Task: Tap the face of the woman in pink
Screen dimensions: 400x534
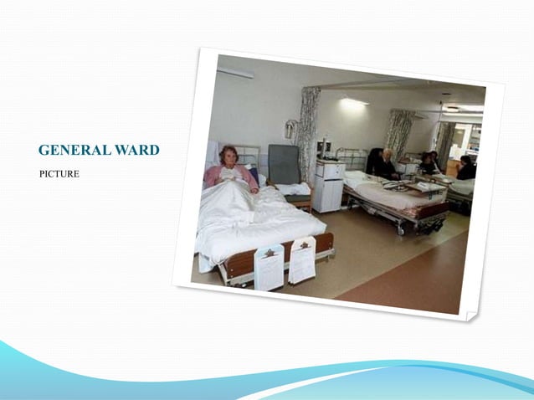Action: [228, 156]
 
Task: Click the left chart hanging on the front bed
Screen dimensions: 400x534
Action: [269, 266]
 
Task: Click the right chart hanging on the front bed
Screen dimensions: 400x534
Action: [301, 259]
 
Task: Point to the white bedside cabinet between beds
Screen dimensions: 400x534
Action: [328, 186]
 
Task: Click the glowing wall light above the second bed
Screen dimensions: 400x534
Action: [355, 102]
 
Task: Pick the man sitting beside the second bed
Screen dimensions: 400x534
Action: [385, 165]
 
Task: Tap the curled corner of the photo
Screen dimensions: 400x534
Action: [471, 315]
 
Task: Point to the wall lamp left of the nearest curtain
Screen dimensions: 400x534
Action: [289, 129]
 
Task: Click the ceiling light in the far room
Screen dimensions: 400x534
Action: [452, 108]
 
